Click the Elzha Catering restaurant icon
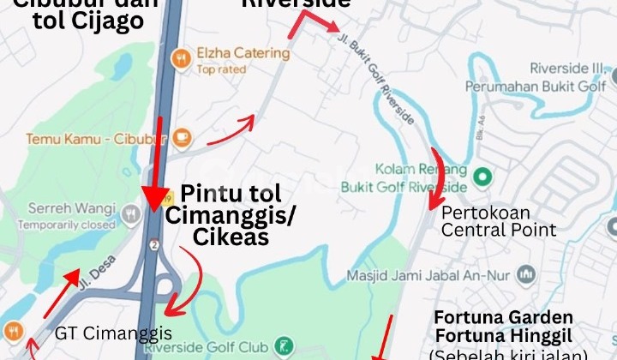point(181,58)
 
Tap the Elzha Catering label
point(243,53)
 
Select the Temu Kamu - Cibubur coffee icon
point(182,137)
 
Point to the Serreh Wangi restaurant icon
point(130,213)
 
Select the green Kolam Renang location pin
point(482,177)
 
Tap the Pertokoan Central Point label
point(499,220)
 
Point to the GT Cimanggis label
point(114,333)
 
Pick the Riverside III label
point(568,69)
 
